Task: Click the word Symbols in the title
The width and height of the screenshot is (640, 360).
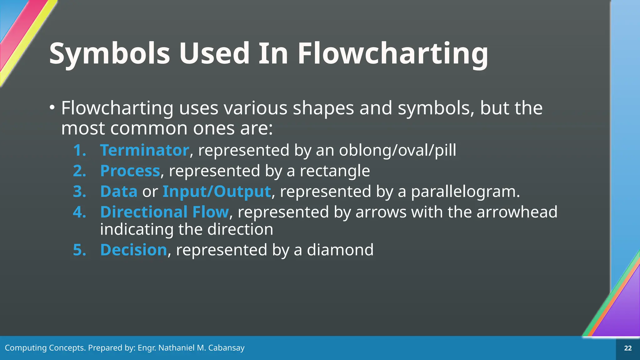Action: [x=109, y=54]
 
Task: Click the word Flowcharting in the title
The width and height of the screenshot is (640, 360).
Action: [x=392, y=54]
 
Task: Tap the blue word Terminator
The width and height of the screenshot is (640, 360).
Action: [x=144, y=150]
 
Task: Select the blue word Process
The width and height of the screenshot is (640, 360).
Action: [x=130, y=171]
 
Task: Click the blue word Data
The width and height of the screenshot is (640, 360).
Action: [x=119, y=192]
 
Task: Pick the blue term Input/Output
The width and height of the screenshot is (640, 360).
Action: [x=217, y=192]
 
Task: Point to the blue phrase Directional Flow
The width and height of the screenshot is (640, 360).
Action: [x=165, y=212]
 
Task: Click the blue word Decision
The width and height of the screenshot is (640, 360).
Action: [x=134, y=250]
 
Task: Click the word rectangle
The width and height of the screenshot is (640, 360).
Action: [x=335, y=171]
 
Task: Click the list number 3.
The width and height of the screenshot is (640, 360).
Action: [x=79, y=192]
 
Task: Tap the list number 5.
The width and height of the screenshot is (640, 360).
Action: [x=79, y=250]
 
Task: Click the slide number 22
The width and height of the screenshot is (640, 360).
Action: [x=628, y=348]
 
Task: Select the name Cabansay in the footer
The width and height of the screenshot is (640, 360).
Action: [x=226, y=348]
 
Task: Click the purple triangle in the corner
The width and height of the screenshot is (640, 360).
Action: [x=622, y=312]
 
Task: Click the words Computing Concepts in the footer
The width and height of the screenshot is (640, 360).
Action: [x=45, y=348]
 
